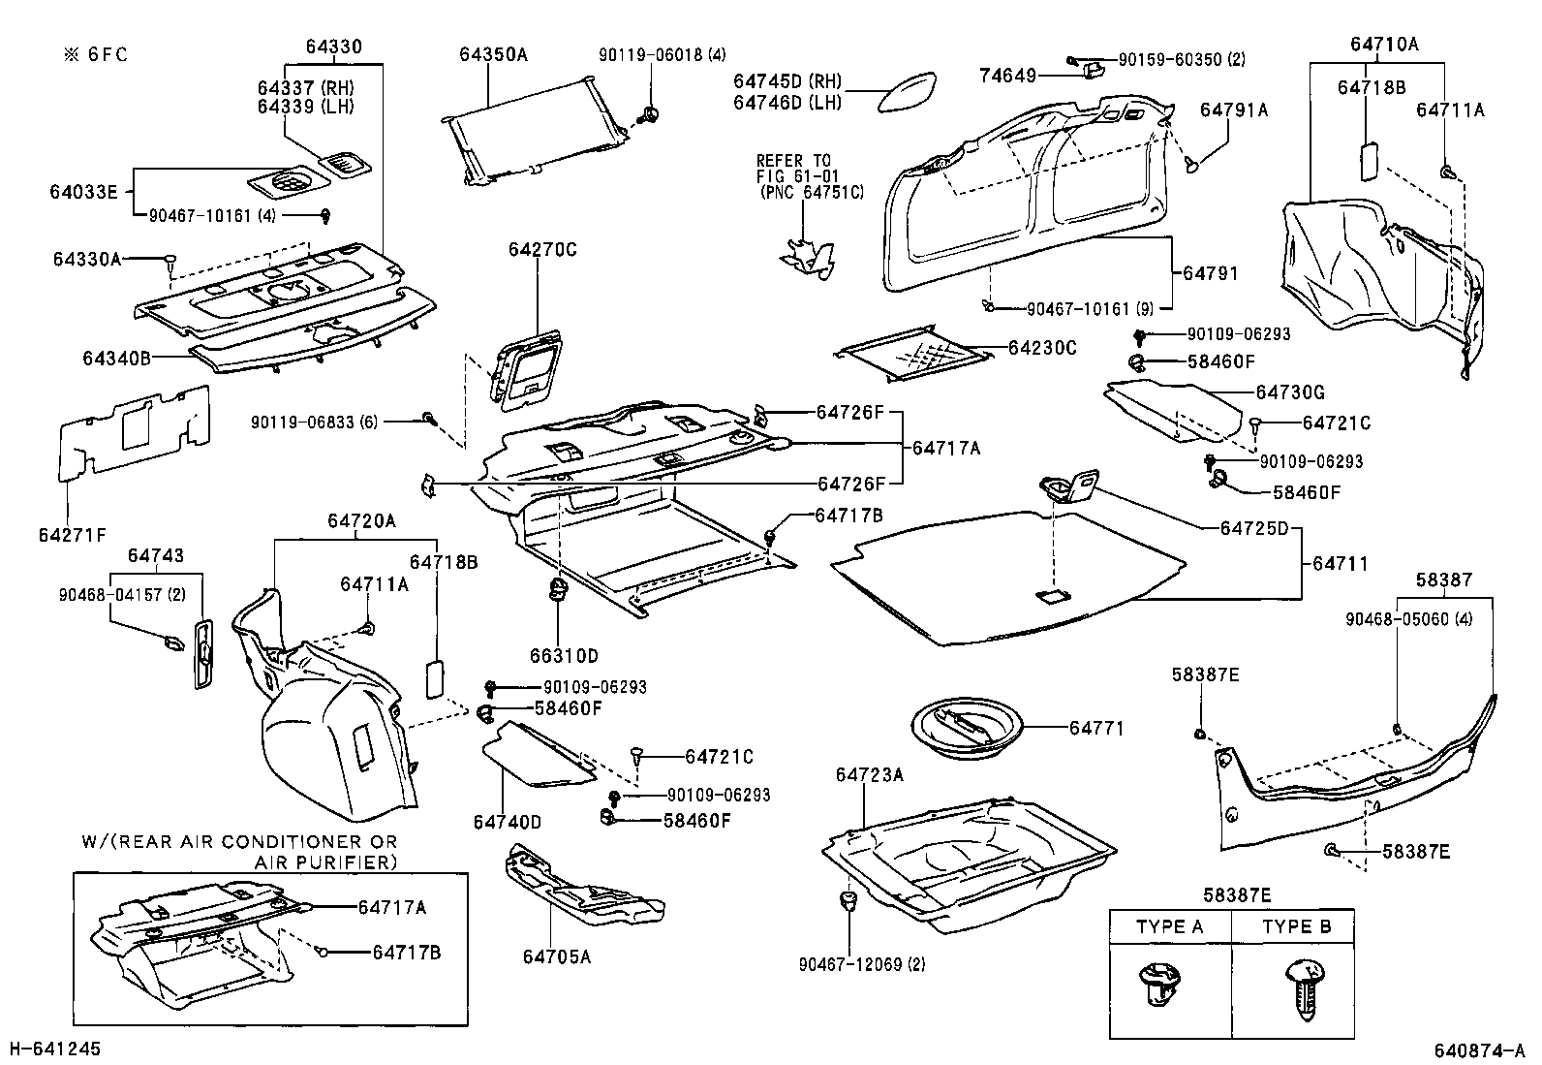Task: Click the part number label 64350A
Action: pyautogui.click(x=493, y=55)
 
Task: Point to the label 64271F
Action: pyautogui.click(x=73, y=535)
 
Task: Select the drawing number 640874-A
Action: pyautogui.click(x=1479, y=1050)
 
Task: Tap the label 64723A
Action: pyautogui.click(x=869, y=774)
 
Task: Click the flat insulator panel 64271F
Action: pyautogui.click(x=131, y=431)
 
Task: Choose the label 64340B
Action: pyautogui.click(x=116, y=358)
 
